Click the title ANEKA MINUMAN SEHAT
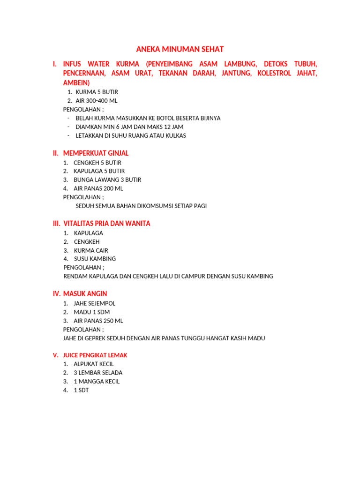180,49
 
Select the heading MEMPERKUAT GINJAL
96,153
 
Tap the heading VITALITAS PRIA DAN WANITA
106,224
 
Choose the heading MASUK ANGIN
85,294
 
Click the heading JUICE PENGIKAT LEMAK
95,355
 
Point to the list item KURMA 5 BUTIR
97,92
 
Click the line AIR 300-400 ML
97,101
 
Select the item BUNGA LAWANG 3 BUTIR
107,180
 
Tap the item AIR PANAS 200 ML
98,188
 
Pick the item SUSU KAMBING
95,259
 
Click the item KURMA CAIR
91,250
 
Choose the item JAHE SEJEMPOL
94,303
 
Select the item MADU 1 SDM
91,312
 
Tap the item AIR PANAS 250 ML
98,321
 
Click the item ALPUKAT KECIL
94,364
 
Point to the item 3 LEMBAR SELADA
97,373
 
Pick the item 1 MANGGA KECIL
97,382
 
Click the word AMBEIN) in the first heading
76,82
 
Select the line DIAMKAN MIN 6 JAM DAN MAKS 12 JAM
129,127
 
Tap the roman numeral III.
56,224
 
